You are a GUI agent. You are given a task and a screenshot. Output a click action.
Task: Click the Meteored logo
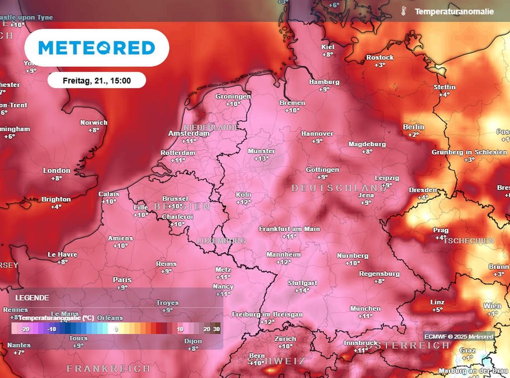tap(97, 48)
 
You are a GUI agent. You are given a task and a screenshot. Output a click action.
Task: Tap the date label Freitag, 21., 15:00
tap(97, 80)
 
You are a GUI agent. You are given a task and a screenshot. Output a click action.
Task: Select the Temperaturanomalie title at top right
tap(454, 11)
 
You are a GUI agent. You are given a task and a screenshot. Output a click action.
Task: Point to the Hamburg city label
tap(324, 82)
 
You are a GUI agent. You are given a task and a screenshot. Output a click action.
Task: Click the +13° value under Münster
tap(262, 159)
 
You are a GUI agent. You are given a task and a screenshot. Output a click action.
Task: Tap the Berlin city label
tap(413, 127)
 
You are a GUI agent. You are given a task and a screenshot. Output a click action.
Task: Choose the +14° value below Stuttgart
tap(302, 290)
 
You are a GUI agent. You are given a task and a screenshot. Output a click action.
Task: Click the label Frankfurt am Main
tap(289, 228)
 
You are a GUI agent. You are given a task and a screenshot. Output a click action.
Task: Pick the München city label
tap(365, 309)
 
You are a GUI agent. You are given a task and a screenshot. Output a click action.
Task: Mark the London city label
tap(56, 171)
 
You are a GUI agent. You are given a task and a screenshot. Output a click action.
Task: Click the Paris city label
tap(122, 280)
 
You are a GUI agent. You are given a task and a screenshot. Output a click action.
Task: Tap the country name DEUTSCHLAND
tap(339, 188)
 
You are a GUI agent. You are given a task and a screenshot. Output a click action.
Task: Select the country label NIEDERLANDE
tap(211, 128)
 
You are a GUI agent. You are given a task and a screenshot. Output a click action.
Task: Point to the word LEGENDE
tap(32, 298)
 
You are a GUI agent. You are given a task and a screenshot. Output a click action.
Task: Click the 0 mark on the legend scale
tap(116, 329)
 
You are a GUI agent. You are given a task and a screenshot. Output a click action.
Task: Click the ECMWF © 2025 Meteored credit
tap(459, 337)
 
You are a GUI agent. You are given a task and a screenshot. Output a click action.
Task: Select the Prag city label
tap(441, 230)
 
